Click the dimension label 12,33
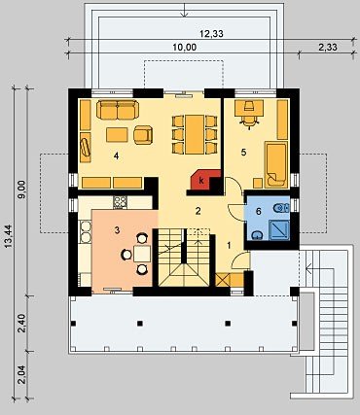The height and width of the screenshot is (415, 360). click(211, 34)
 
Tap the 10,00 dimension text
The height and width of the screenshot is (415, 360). click(185, 48)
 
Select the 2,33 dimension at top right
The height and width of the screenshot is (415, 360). click(328, 48)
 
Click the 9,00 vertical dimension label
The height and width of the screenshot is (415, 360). click(22, 191)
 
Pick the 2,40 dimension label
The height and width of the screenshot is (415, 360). click(22, 324)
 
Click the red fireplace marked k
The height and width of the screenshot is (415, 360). click(201, 180)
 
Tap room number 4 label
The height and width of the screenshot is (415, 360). click(116, 156)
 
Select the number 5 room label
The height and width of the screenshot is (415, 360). click(243, 152)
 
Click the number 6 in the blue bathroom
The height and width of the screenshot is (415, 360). click(259, 212)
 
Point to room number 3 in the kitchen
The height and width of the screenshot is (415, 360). click(117, 230)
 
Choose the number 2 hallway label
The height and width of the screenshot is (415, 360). click(198, 211)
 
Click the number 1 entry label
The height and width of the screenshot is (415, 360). click(229, 246)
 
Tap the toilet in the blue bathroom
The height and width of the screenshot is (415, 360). click(281, 208)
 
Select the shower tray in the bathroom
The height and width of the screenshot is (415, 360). click(279, 230)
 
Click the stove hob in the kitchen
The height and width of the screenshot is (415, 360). click(120, 202)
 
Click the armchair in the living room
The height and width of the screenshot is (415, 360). click(143, 134)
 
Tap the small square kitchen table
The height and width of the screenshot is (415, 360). click(142, 254)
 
